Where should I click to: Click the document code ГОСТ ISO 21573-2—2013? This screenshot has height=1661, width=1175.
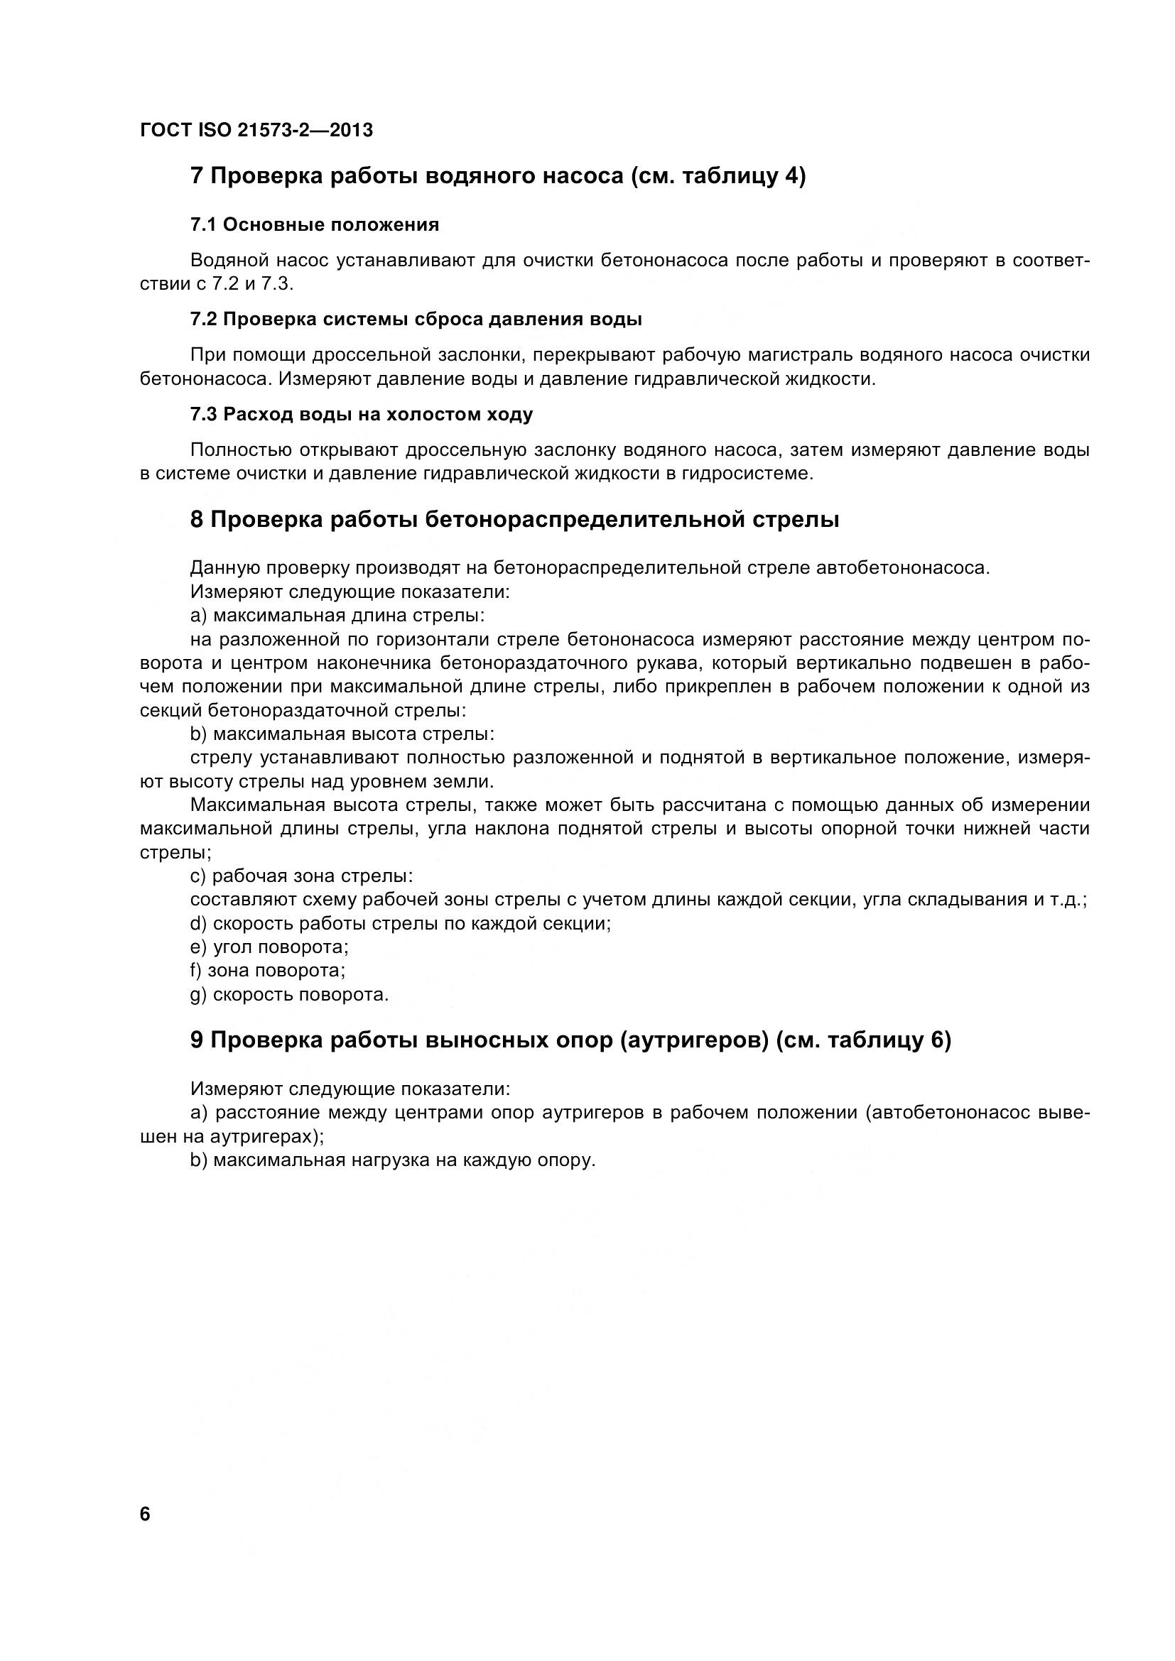256,130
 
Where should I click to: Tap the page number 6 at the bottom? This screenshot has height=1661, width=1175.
145,1514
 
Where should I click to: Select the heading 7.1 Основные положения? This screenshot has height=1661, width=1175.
315,225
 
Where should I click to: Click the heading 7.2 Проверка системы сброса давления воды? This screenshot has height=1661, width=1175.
416,320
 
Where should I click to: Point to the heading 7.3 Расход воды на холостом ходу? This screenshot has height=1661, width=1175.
362,415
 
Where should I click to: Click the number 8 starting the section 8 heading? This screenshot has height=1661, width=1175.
197,520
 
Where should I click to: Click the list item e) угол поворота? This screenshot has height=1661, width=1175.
269,947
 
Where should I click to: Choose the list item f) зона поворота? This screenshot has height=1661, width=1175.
268,971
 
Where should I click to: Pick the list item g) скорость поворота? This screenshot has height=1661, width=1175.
289,995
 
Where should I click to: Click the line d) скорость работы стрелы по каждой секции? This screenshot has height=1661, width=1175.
400,924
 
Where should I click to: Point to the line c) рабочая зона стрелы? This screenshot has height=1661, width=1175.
302,876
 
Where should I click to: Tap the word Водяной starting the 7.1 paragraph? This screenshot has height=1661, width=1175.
224,261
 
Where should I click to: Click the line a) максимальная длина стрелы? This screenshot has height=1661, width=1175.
337,616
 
